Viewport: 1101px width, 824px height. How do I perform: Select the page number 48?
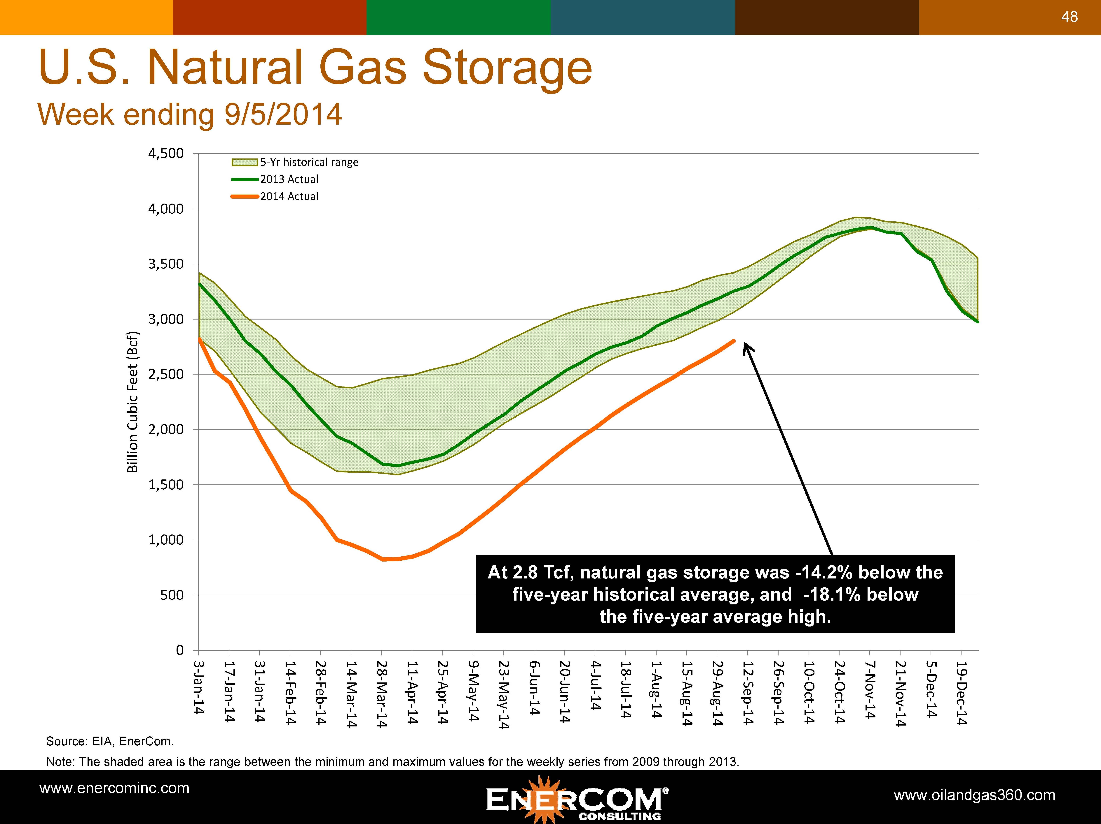pyautogui.click(x=1069, y=17)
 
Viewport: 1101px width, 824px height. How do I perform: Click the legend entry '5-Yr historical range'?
pyautogui.click(x=309, y=162)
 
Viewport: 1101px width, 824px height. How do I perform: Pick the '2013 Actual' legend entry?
pyautogui.click(x=289, y=179)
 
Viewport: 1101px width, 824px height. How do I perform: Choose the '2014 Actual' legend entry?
pyautogui.click(x=289, y=196)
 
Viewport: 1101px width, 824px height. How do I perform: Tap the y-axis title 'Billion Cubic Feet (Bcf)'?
pyautogui.click(x=132, y=402)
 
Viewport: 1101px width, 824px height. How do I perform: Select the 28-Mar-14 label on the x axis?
pyautogui.click(x=382, y=694)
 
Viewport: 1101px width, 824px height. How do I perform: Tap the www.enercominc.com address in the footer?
pyautogui.click(x=114, y=788)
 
